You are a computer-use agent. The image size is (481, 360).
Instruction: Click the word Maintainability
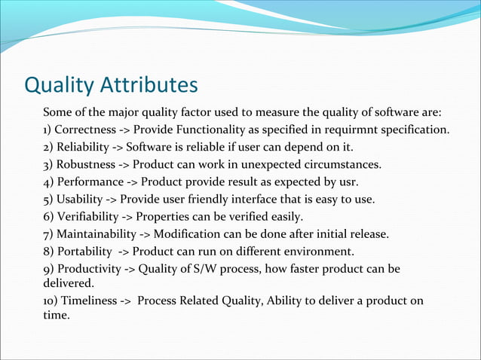tap(97, 234)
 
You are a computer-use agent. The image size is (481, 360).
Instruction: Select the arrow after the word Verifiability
tap(133, 217)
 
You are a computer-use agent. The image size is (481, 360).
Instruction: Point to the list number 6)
tap(49, 217)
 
